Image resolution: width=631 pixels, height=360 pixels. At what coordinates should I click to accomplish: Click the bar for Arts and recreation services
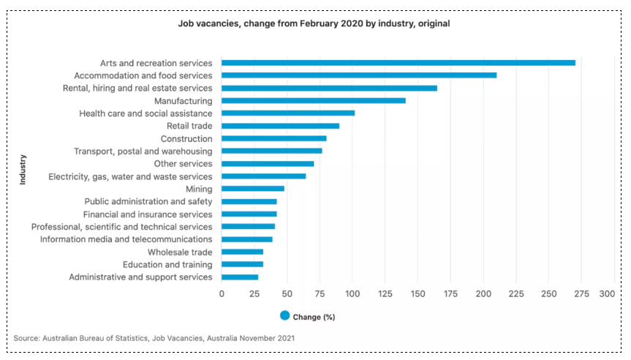398,63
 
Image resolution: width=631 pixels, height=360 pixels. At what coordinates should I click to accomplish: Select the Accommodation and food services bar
359,75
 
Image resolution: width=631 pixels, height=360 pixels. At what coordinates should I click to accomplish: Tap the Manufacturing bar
314,101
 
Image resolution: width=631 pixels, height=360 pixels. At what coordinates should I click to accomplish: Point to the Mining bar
253,189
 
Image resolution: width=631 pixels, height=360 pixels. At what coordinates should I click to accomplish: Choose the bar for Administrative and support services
240,277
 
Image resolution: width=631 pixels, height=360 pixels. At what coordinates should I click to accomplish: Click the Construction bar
274,138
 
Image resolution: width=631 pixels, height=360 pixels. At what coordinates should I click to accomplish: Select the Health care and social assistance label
146,113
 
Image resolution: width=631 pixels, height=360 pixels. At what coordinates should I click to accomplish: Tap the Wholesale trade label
180,252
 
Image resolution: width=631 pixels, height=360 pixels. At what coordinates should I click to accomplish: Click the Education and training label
167,264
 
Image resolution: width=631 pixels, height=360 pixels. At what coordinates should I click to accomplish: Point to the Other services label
183,164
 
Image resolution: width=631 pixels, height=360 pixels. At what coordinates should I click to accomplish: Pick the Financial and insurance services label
148,214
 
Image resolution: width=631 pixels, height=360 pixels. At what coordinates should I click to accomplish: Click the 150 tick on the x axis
417,293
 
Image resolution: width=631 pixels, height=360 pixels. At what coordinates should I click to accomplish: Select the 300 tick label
607,293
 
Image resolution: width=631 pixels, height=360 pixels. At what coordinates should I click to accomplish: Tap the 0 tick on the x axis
222,293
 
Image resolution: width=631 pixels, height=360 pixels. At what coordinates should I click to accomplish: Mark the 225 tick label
515,293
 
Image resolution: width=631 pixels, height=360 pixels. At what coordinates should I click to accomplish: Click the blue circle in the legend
284,316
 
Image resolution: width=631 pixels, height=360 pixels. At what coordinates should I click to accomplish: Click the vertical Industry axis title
23,169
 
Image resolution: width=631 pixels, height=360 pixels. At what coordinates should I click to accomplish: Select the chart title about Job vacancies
314,23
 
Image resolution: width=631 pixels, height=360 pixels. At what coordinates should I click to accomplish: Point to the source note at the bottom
155,338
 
